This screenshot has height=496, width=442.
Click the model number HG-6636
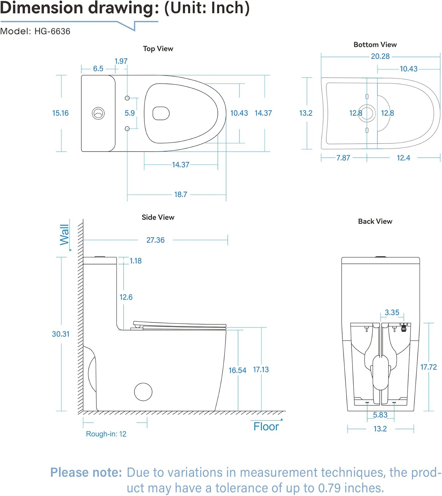(x=52, y=31)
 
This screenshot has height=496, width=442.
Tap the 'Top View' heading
(x=158, y=49)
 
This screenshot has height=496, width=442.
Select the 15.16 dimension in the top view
(x=60, y=113)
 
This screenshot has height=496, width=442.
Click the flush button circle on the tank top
(x=98, y=113)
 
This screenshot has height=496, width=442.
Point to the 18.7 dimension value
(x=181, y=194)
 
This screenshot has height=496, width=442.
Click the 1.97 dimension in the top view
(x=121, y=61)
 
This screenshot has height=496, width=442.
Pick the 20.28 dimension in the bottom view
(x=380, y=57)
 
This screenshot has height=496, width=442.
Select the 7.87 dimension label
(x=343, y=158)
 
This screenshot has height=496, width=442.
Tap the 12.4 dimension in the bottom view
(x=403, y=158)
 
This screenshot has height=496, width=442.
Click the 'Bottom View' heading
(x=375, y=45)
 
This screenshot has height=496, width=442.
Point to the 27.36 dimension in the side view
(x=155, y=240)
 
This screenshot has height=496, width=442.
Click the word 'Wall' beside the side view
(x=65, y=235)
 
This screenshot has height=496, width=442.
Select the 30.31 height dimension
(x=61, y=334)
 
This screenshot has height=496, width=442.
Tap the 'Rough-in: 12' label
(x=106, y=434)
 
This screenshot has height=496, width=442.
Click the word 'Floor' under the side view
(x=266, y=427)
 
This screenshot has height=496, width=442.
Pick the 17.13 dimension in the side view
(x=261, y=370)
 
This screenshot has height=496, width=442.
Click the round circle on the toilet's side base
(x=143, y=392)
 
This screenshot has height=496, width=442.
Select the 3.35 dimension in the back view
(x=392, y=312)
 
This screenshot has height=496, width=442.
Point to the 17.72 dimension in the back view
(x=428, y=367)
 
